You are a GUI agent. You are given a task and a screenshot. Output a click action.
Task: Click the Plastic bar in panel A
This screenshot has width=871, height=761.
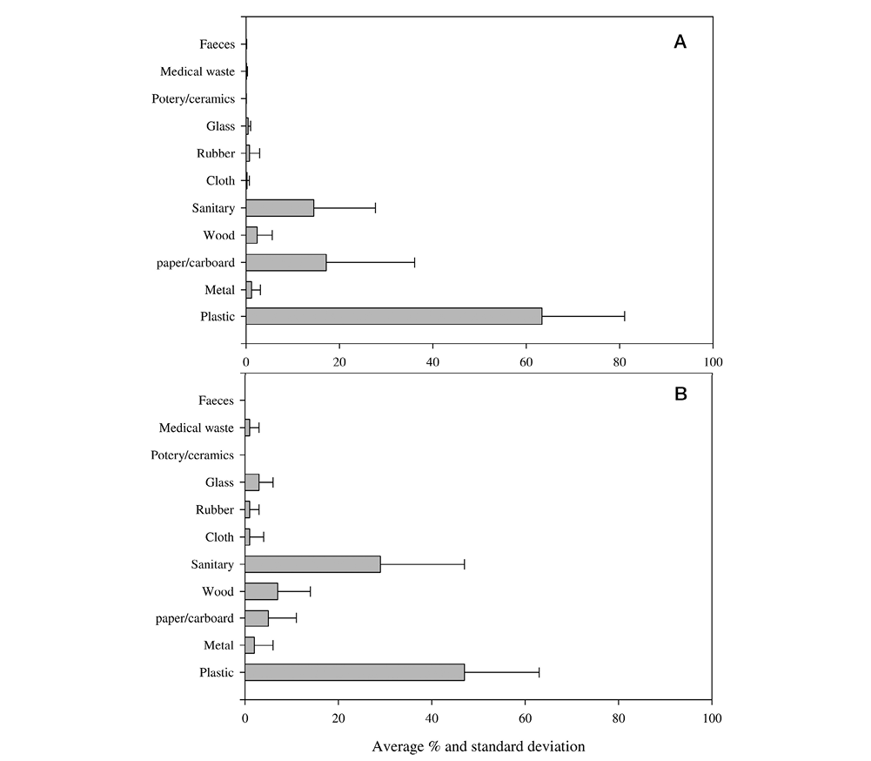pyautogui.click(x=394, y=316)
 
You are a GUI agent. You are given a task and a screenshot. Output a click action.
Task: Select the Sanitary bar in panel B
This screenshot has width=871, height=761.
pyautogui.click(x=312, y=564)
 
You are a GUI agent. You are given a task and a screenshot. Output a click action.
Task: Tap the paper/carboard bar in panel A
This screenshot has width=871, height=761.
pyautogui.click(x=286, y=262)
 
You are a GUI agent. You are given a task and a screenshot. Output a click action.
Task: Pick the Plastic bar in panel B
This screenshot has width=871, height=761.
pyautogui.click(x=354, y=672)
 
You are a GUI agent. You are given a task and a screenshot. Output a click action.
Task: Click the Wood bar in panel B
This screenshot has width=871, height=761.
pyautogui.click(x=261, y=591)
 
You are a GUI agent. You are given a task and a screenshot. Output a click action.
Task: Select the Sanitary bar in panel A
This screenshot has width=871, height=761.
pyautogui.click(x=280, y=208)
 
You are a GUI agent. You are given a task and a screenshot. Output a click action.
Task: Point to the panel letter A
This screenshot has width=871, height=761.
pyautogui.click(x=680, y=42)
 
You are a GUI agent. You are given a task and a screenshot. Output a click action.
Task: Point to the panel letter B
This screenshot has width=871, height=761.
pyautogui.click(x=680, y=394)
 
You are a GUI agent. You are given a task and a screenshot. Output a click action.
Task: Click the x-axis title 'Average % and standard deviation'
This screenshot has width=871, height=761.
pyautogui.click(x=479, y=746)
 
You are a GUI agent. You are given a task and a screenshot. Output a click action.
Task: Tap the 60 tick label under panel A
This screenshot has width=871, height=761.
pyautogui.click(x=526, y=362)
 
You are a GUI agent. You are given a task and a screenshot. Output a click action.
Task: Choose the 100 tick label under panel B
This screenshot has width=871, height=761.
pyautogui.click(x=712, y=718)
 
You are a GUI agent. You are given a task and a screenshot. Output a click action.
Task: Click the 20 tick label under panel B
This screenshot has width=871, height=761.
pyautogui.click(x=338, y=718)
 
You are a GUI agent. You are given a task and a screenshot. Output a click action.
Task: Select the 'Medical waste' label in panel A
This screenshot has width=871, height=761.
pyautogui.click(x=198, y=71)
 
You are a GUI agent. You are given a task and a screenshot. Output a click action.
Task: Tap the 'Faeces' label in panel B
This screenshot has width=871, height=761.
pyautogui.click(x=216, y=401)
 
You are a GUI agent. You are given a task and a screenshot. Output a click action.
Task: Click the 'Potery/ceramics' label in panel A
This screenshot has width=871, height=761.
pyautogui.click(x=193, y=99)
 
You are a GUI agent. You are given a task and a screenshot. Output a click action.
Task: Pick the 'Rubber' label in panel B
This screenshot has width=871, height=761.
pyautogui.click(x=214, y=509)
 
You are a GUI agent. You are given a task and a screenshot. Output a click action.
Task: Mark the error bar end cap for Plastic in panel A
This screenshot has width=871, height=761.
pyautogui.click(x=625, y=316)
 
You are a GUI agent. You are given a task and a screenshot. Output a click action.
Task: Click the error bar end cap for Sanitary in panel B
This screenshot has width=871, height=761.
pyautogui.click(x=465, y=564)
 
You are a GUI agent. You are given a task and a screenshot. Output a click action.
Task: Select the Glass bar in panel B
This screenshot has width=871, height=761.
pyautogui.click(x=252, y=482)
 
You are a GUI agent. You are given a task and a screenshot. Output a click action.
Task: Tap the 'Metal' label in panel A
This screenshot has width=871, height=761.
pyautogui.click(x=219, y=290)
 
